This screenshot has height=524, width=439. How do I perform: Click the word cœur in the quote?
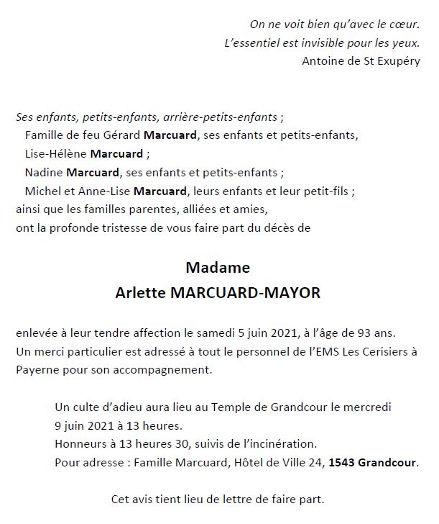click(x=404, y=24)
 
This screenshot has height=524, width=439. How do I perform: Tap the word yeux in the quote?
click(x=405, y=42)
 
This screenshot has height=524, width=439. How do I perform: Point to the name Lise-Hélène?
click(x=55, y=153)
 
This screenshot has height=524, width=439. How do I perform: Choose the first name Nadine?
click(x=43, y=173)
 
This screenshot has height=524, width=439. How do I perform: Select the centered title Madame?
click(x=218, y=268)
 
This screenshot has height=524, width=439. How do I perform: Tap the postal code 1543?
click(x=343, y=462)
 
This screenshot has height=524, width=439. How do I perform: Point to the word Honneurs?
click(x=80, y=443)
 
